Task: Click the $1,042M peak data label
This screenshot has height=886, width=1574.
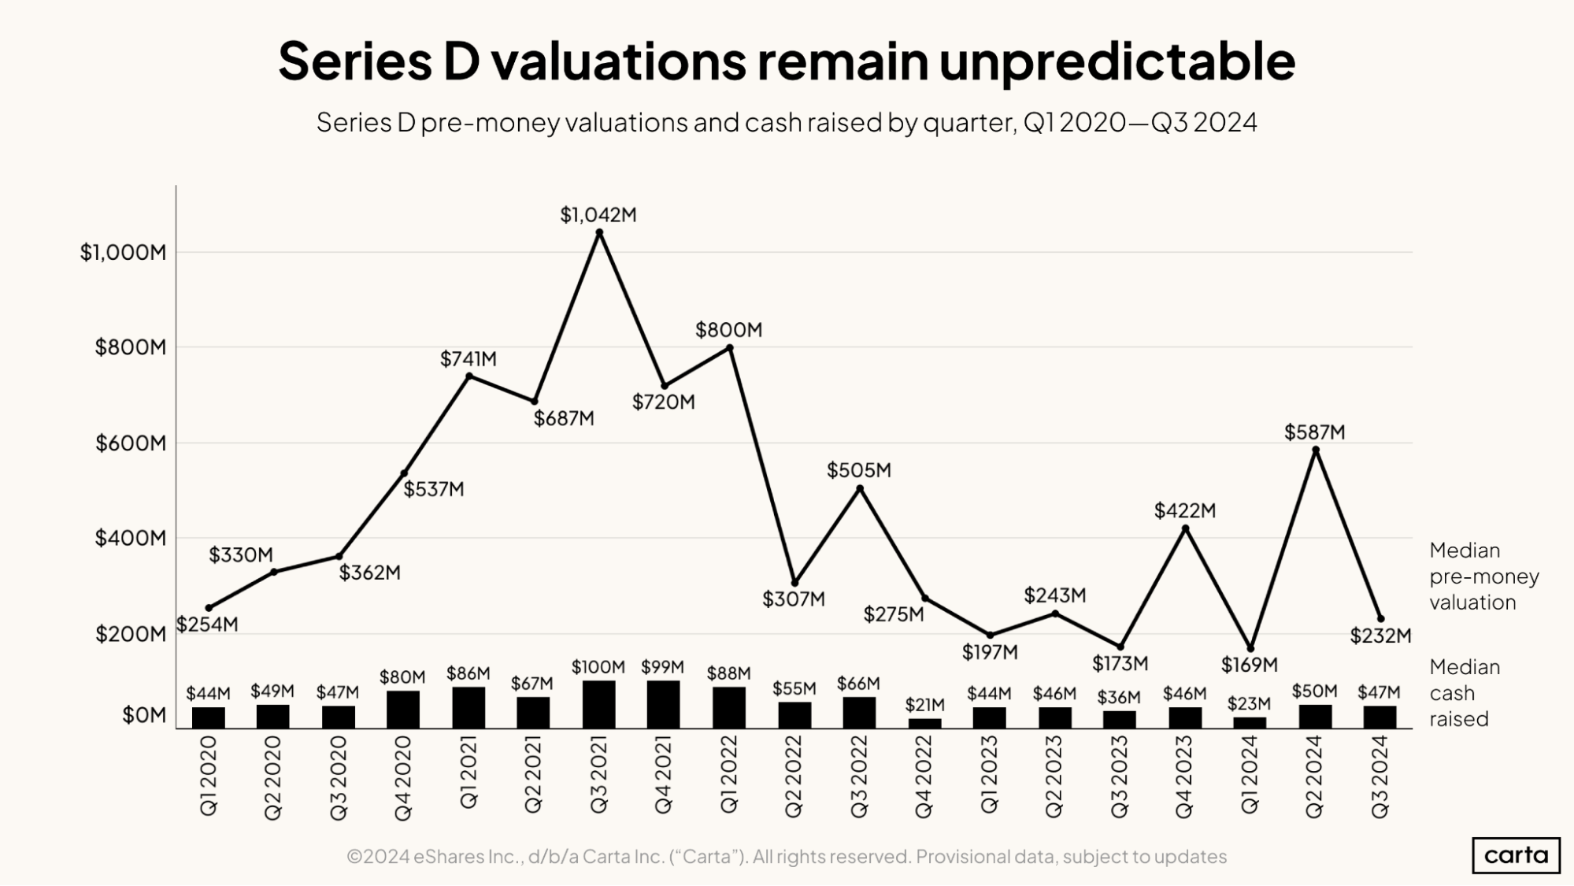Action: click(598, 215)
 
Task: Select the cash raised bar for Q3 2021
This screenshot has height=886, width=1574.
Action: click(599, 704)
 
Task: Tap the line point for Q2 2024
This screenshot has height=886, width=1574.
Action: click(1316, 450)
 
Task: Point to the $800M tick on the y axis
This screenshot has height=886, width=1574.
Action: click(131, 347)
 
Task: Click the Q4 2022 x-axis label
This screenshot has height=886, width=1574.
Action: click(924, 777)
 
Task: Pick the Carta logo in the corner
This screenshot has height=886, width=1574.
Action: click(1516, 855)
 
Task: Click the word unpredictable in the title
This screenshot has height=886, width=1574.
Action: click(1117, 61)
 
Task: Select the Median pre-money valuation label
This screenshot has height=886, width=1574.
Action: click(1483, 576)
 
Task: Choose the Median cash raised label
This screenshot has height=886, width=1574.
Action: click(1464, 693)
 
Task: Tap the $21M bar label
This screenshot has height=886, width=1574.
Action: click(924, 704)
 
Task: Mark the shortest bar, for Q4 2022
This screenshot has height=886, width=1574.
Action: click(924, 723)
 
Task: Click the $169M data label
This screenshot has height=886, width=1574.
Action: click(1249, 665)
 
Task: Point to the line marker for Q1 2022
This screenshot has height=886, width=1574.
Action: click(730, 347)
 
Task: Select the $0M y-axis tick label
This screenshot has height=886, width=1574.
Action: click(144, 715)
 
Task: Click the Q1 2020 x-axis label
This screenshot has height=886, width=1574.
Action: click(209, 777)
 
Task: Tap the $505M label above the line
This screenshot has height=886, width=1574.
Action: click(859, 470)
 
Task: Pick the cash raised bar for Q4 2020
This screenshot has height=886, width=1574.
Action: click(403, 710)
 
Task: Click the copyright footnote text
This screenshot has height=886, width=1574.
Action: click(786, 856)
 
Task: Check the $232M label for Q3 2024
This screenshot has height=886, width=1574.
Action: click(1380, 636)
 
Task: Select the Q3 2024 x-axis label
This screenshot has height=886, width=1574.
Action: click(1380, 777)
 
